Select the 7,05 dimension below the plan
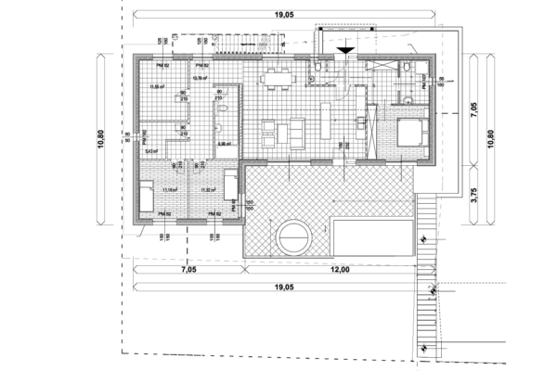click(188, 270)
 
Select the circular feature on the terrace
click(293, 236)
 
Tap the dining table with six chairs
click(276, 79)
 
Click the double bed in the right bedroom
click(410, 133)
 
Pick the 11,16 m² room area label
click(169, 190)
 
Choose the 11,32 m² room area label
click(208, 190)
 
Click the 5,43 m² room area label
click(150, 150)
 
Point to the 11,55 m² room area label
click(157, 86)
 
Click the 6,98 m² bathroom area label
click(223, 145)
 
